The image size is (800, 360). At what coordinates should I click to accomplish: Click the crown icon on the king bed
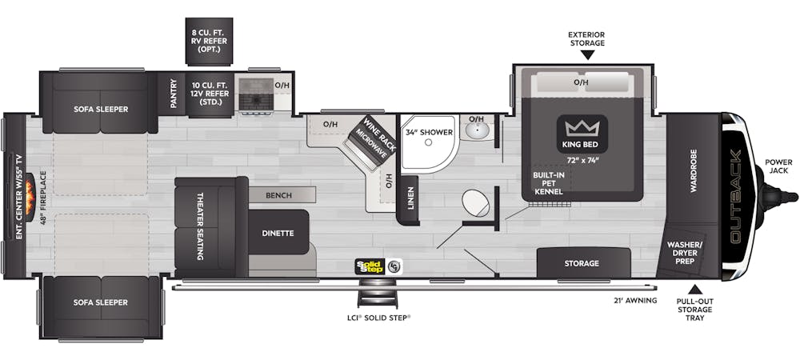[582, 127]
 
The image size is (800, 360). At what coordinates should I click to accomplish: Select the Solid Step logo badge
[370, 266]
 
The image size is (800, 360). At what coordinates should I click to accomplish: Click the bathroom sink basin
[477, 131]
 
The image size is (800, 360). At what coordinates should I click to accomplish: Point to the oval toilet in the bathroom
[475, 203]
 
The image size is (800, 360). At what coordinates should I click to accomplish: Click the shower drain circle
[429, 142]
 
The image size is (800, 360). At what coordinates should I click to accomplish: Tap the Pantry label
[174, 94]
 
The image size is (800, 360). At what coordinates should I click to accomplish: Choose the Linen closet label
[411, 198]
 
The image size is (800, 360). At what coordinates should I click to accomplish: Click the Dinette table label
[278, 233]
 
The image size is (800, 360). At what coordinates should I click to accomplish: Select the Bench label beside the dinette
[278, 195]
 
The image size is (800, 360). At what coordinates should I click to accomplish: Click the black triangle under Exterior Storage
[587, 54]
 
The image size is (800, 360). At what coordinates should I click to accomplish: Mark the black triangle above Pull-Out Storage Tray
[694, 289]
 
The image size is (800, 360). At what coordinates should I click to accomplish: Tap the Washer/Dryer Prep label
[685, 254]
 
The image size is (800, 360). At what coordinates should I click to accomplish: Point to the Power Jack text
[779, 166]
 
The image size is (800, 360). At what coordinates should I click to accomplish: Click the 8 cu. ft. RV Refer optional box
[209, 42]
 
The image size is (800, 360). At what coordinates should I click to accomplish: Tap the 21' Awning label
[635, 300]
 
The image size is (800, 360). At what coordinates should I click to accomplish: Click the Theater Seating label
[200, 226]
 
